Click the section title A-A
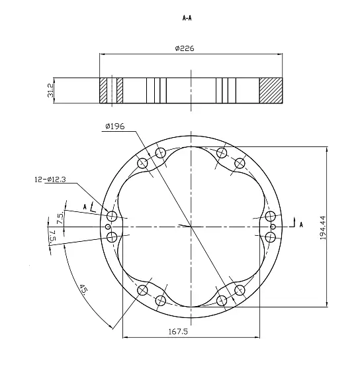pyautogui.click(x=187, y=18)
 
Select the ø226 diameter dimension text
pyautogui.click(x=185, y=48)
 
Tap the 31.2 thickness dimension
pyautogui.click(x=50, y=90)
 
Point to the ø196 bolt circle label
pyautogui.click(x=115, y=127)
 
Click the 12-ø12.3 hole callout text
pyautogui.click(x=50, y=180)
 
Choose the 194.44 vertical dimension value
pyautogui.click(x=323, y=228)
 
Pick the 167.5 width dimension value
pyautogui.click(x=178, y=331)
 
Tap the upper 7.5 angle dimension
pyautogui.click(x=60, y=218)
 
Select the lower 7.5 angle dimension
pyautogui.click(x=52, y=236)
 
